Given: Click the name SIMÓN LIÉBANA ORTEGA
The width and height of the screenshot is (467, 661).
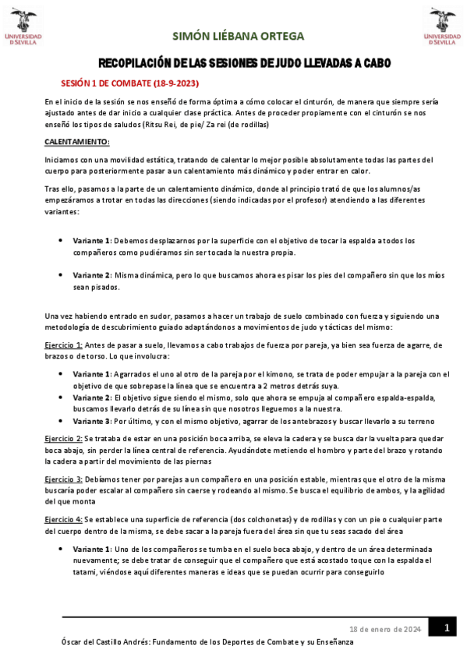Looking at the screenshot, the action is click(238, 37).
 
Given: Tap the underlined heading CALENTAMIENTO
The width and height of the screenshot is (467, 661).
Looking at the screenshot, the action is click(77, 142).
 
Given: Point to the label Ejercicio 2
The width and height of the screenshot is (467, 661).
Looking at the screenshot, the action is click(63, 440).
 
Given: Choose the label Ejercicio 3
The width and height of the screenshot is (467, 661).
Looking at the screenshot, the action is click(63, 478).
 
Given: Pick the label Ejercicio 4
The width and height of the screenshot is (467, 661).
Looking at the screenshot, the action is click(63, 518).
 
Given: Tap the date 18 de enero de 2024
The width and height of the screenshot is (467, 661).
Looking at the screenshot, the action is click(385, 629).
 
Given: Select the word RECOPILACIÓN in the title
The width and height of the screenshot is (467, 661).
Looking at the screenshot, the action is click(134, 63).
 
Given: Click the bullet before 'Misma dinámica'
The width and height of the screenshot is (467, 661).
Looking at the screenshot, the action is click(61, 274).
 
